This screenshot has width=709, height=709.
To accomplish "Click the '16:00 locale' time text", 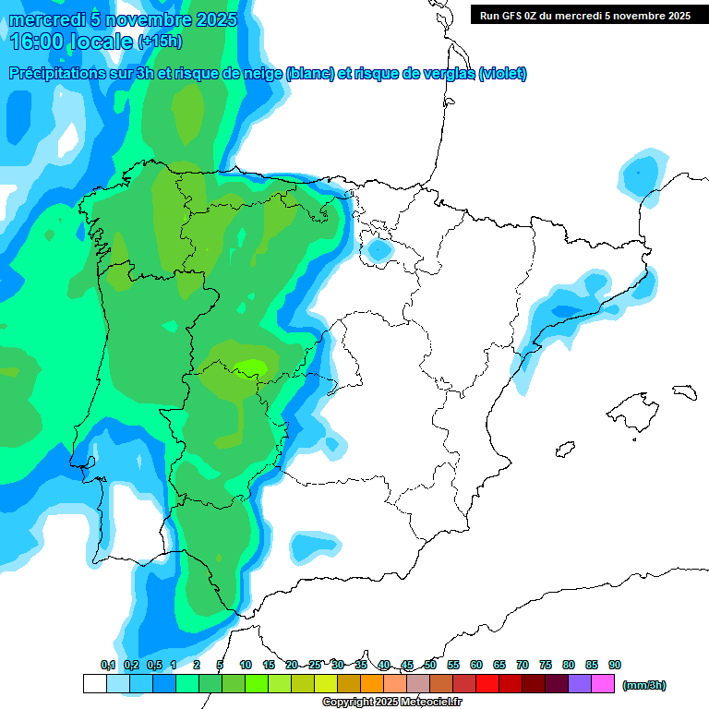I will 71,42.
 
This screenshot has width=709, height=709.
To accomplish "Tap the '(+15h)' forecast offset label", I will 160,42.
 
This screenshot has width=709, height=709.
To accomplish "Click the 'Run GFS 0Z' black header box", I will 585,15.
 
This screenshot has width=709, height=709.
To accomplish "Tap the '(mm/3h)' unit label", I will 643,685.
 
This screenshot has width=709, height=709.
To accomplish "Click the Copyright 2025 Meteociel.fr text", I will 392,703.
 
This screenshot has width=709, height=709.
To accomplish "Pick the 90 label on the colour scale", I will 615,666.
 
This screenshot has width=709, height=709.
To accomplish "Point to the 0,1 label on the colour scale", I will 108,666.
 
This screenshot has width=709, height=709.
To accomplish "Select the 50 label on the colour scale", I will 430,666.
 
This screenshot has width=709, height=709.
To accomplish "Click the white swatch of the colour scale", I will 94,684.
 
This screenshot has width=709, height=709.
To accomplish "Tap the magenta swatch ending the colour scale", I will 602,684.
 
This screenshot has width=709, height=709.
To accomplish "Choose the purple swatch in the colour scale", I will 579,684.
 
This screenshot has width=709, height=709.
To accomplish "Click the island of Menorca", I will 684,391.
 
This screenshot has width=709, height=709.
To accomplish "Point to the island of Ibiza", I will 565,451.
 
